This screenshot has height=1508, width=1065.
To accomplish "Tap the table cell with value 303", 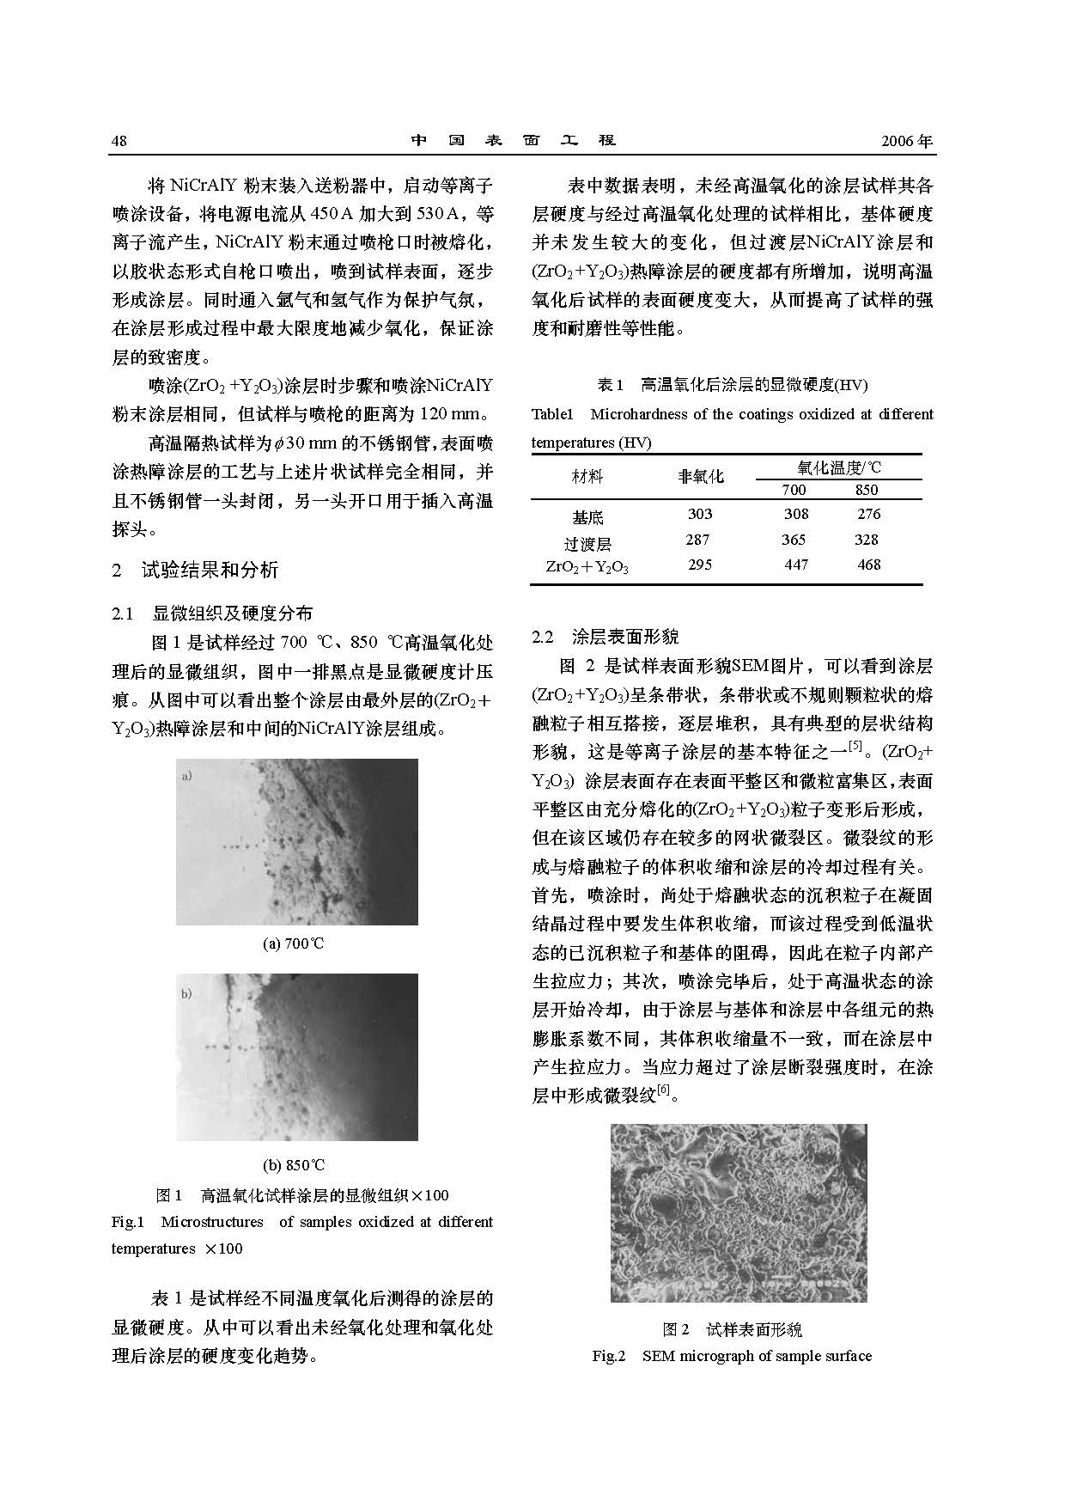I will (700, 514).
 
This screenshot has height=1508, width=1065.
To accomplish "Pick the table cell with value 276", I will (868, 514).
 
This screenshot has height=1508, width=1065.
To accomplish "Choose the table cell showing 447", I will (796, 565).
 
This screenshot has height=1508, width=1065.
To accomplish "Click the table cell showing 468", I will (868, 565).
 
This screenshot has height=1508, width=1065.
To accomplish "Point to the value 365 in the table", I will (794, 540).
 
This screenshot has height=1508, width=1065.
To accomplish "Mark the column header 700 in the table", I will (794, 490).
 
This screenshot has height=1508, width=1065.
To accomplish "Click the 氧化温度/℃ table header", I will (839, 467).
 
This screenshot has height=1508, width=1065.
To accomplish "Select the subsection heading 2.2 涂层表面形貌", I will (606, 637).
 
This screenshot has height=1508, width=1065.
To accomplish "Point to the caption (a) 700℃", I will (294, 943).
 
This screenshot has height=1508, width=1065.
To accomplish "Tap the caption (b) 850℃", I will (294, 1165).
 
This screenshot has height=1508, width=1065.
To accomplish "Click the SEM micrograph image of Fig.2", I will (739, 1212).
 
